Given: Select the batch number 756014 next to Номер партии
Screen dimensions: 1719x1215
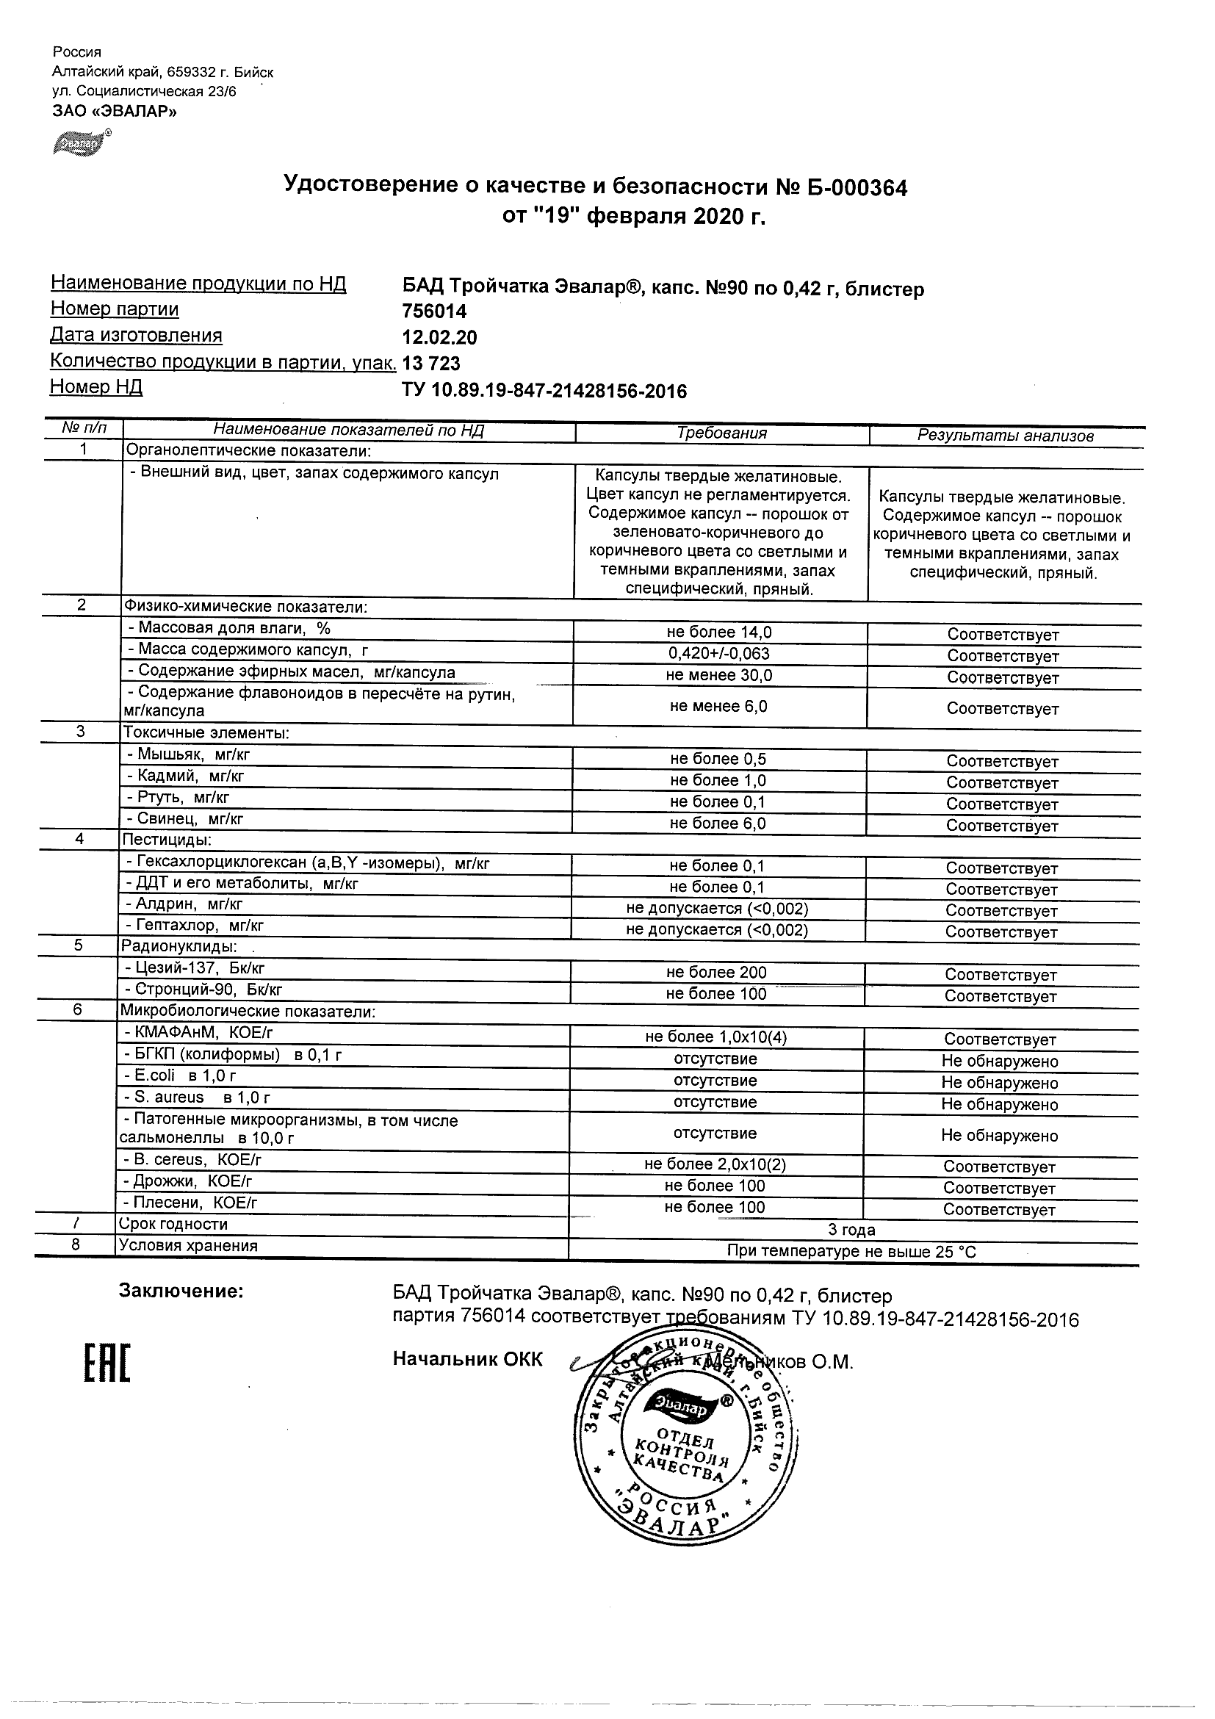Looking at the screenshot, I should tap(434, 311).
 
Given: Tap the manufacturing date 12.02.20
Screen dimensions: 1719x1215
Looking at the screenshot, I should tap(439, 338).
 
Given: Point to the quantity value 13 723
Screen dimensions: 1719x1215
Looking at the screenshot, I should tap(431, 364).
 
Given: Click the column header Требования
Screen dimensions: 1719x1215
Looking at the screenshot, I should tap(721, 433).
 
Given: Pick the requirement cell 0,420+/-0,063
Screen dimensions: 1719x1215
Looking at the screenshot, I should tap(718, 654).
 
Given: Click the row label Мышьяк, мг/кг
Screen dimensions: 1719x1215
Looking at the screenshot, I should tap(188, 754).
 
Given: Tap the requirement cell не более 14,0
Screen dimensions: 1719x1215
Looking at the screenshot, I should tap(718, 632).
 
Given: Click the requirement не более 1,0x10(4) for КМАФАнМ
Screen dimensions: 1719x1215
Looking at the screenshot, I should tap(715, 1037).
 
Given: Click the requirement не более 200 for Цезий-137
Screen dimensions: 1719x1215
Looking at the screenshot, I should tap(716, 973).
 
